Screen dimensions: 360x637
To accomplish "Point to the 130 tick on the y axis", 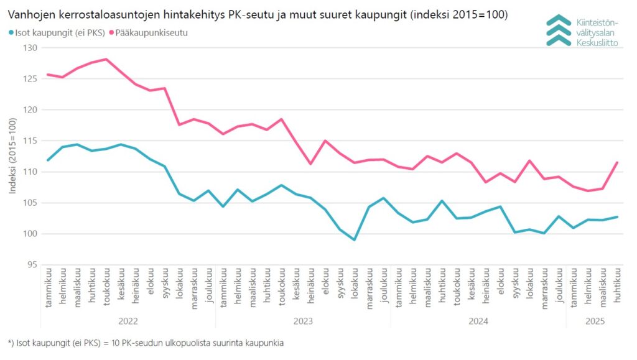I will (30, 48).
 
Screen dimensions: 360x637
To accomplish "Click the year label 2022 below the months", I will (128, 321).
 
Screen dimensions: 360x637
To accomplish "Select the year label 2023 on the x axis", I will (303, 321).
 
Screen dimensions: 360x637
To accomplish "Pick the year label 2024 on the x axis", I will (478, 321).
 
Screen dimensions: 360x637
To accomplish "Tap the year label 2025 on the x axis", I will (595, 321).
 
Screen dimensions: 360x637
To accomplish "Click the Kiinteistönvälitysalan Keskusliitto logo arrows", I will (558, 30).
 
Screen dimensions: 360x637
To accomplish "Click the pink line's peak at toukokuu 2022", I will (106, 59).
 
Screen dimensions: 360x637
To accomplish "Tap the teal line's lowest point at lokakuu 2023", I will (355, 239).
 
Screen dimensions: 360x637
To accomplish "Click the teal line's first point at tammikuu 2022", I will (48, 160).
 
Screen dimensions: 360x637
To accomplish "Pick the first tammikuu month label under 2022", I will (48, 288).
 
